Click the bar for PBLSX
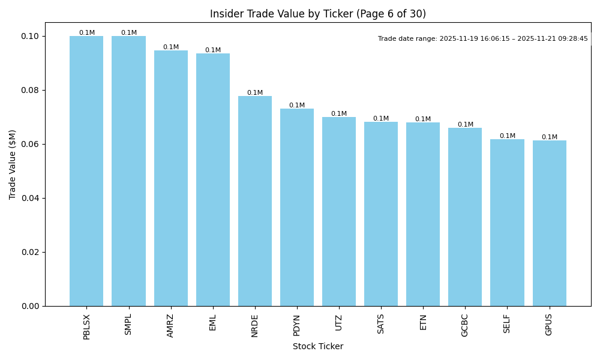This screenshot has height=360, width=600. pos(86,171)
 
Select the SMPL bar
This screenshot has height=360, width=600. pos(128,171)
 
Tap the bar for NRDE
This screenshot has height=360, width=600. pos(255,201)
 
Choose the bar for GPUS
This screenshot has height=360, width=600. pos(549,223)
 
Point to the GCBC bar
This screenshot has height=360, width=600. pos(465,217)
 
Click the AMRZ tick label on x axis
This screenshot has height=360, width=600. pos(171,326)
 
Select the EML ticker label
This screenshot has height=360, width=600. pos(213,322)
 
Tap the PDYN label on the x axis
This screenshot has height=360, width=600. pos(297,325)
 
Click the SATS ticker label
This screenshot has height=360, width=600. pos(381,324)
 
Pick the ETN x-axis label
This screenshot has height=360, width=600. pos(423,322)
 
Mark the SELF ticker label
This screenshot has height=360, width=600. pos(507,324)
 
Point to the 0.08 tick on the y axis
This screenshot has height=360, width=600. pos(31,90)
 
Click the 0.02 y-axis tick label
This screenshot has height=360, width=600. pos(31,252)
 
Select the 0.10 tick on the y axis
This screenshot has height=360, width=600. pos(31,36)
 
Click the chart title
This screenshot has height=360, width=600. pos(318,14)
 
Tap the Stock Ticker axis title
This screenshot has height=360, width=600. pos(318,347)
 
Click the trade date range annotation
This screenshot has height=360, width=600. pos(483,39)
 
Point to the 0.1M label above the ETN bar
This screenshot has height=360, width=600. pos(423,119)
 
